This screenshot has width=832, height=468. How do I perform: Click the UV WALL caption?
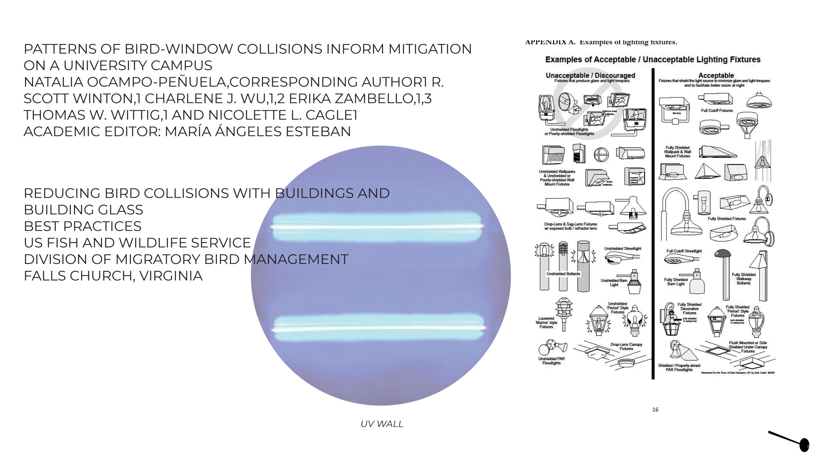(x=382, y=424)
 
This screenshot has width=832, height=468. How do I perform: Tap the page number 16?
(x=655, y=410)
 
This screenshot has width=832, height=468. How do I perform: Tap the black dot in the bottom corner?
(x=804, y=445)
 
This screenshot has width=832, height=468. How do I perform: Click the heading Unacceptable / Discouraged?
(x=590, y=75)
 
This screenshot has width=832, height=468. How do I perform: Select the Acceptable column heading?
(x=716, y=75)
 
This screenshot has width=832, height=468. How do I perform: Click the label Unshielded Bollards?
(x=563, y=274)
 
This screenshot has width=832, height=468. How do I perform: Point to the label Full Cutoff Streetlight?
(x=684, y=251)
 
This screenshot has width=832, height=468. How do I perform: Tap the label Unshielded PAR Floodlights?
(x=551, y=361)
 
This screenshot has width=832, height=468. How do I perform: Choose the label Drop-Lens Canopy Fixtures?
(x=626, y=347)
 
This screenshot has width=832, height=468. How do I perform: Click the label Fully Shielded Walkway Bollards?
(x=743, y=279)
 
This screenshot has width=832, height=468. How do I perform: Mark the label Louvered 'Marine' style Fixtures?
(x=546, y=323)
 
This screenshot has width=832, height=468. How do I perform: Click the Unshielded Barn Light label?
(x=614, y=283)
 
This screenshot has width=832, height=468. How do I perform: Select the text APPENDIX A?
(x=550, y=42)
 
